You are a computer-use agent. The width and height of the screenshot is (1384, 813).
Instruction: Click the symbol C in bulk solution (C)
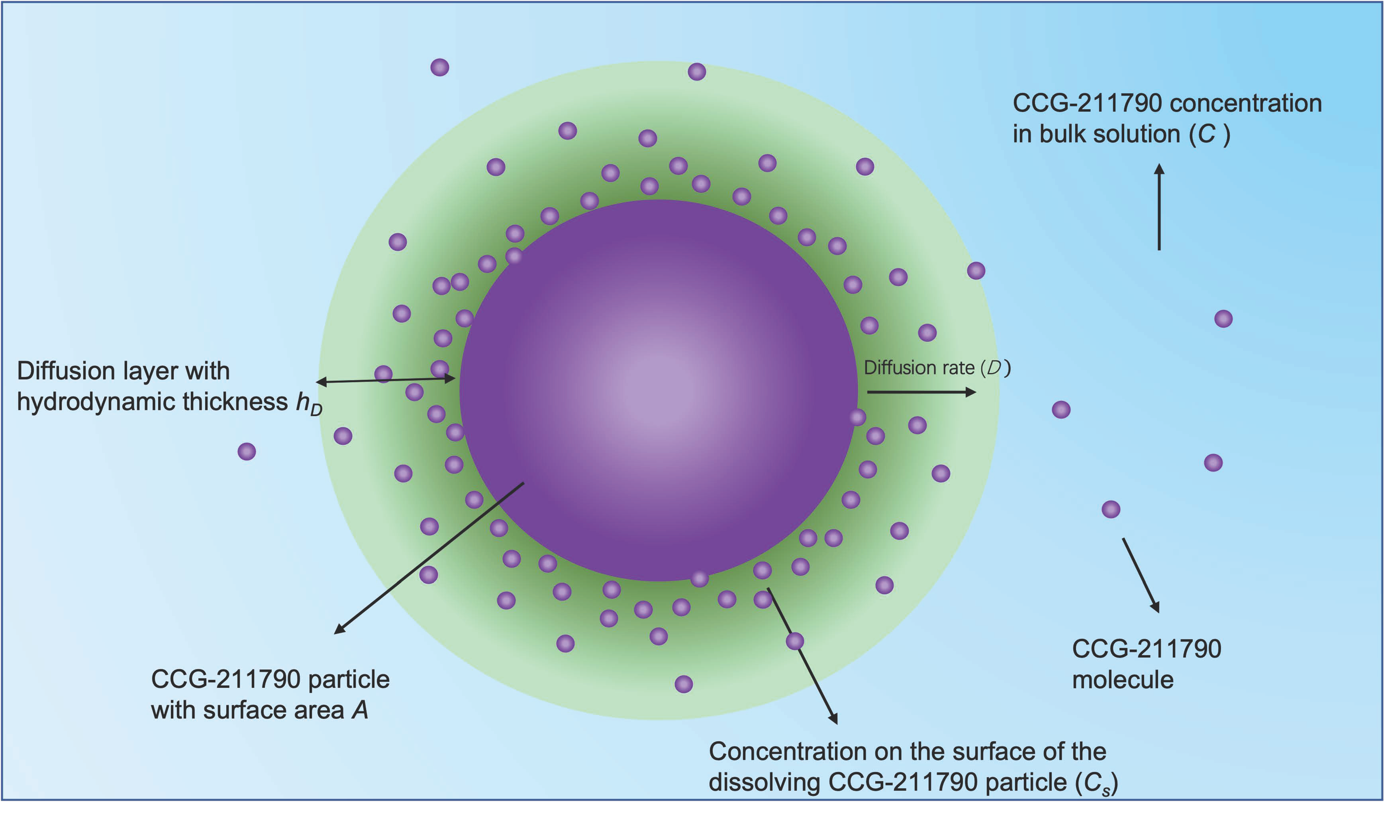pyautogui.click(x=1206, y=134)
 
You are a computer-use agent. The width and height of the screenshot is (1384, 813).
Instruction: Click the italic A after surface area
pyautogui.click(x=360, y=710)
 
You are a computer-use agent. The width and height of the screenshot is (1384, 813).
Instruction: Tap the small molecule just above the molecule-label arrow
pyautogui.click(x=1111, y=509)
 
